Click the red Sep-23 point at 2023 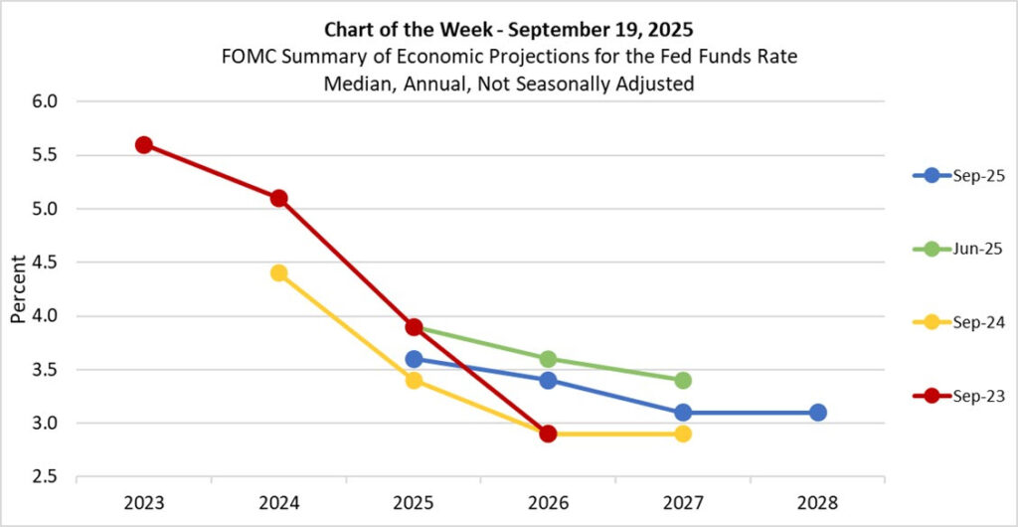(x=144, y=145)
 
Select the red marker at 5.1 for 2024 (x=278, y=198)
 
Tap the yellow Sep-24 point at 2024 (x=278, y=273)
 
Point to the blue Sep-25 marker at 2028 (x=817, y=413)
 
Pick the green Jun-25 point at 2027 (x=683, y=380)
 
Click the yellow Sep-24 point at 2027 (x=683, y=434)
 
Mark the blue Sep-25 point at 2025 (x=414, y=359)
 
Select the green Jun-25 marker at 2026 (x=548, y=359)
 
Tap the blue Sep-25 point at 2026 (x=548, y=380)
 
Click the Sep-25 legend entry (x=958, y=175)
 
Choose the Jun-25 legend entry (x=958, y=249)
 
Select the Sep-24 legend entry (x=958, y=322)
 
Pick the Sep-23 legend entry (x=958, y=396)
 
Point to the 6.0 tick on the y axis (x=47, y=101)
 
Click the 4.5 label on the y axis (x=47, y=263)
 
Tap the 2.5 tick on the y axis (x=47, y=477)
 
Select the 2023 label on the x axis (x=144, y=503)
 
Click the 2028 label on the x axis (x=817, y=503)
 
